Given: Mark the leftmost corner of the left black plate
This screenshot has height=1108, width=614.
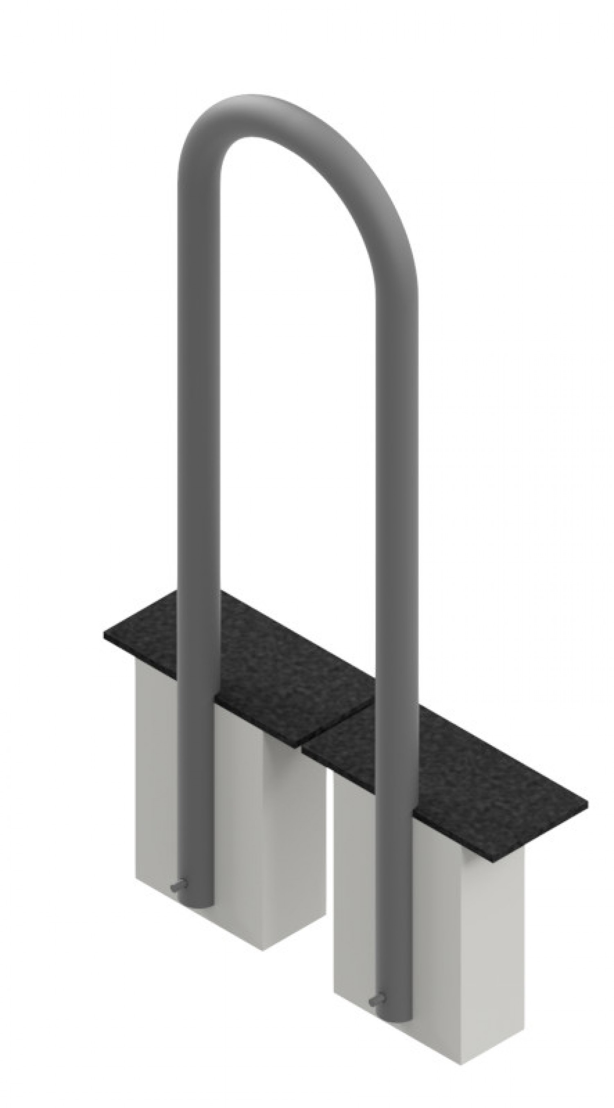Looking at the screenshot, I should (104, 634).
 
